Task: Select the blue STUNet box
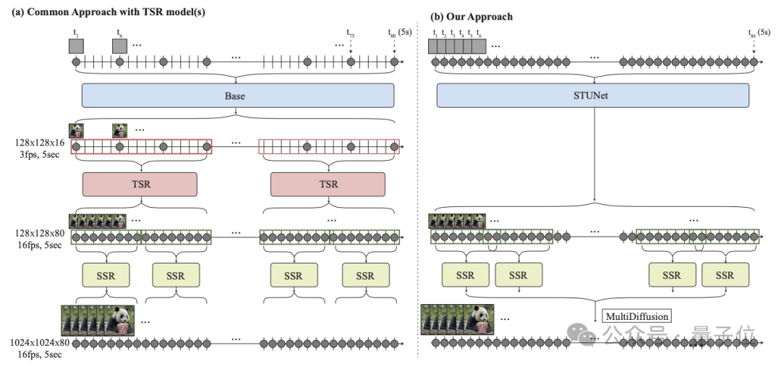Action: pyautogui.click(x=593, y=96)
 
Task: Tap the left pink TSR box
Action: pyautogui.click(x=141, y=184)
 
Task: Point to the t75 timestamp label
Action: pyautogui.click(x=350, y=33)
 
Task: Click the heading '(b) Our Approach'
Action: pyautogui.click(x=471, y=16)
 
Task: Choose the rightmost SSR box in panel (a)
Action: pyautogui.click(x=365, y=275)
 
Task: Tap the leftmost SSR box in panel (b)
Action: pyautogui.click(x=465, y=275)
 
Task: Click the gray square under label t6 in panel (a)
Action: pyautogui.click(x=119, y=46)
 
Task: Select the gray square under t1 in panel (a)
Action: pyautogui.click(x=76, y=46)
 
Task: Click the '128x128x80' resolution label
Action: pyautogui.click(x=38, y=235)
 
